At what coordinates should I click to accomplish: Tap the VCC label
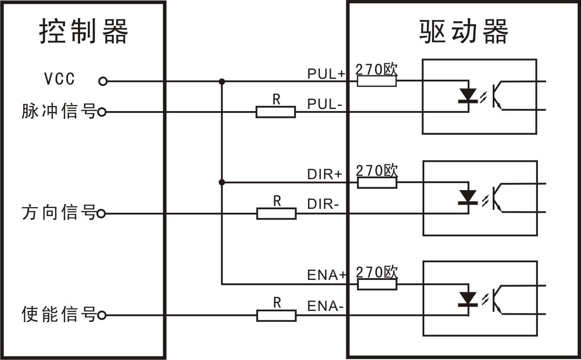(59, 79)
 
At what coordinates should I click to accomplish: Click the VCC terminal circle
(103, 81)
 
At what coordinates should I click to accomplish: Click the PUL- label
(324, 104)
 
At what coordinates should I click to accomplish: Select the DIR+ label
(324, 174)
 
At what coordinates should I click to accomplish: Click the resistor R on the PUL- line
(276, 112)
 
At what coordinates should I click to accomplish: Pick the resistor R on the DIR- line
(276, 214)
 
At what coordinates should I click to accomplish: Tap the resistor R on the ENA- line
(276, 316)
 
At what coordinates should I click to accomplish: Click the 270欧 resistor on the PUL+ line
(376, 81)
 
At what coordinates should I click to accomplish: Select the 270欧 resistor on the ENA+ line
(377, 284)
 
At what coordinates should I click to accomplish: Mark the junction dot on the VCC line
(222, 81)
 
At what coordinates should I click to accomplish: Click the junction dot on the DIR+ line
(222, 183)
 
